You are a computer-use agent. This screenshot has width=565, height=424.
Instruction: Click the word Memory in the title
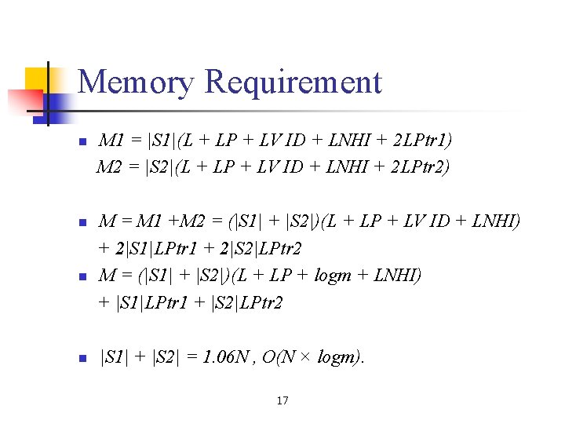pyautogui.click(x=136, y=82)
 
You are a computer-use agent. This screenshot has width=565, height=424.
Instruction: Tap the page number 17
pyautogui.click(x=282, y=401)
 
